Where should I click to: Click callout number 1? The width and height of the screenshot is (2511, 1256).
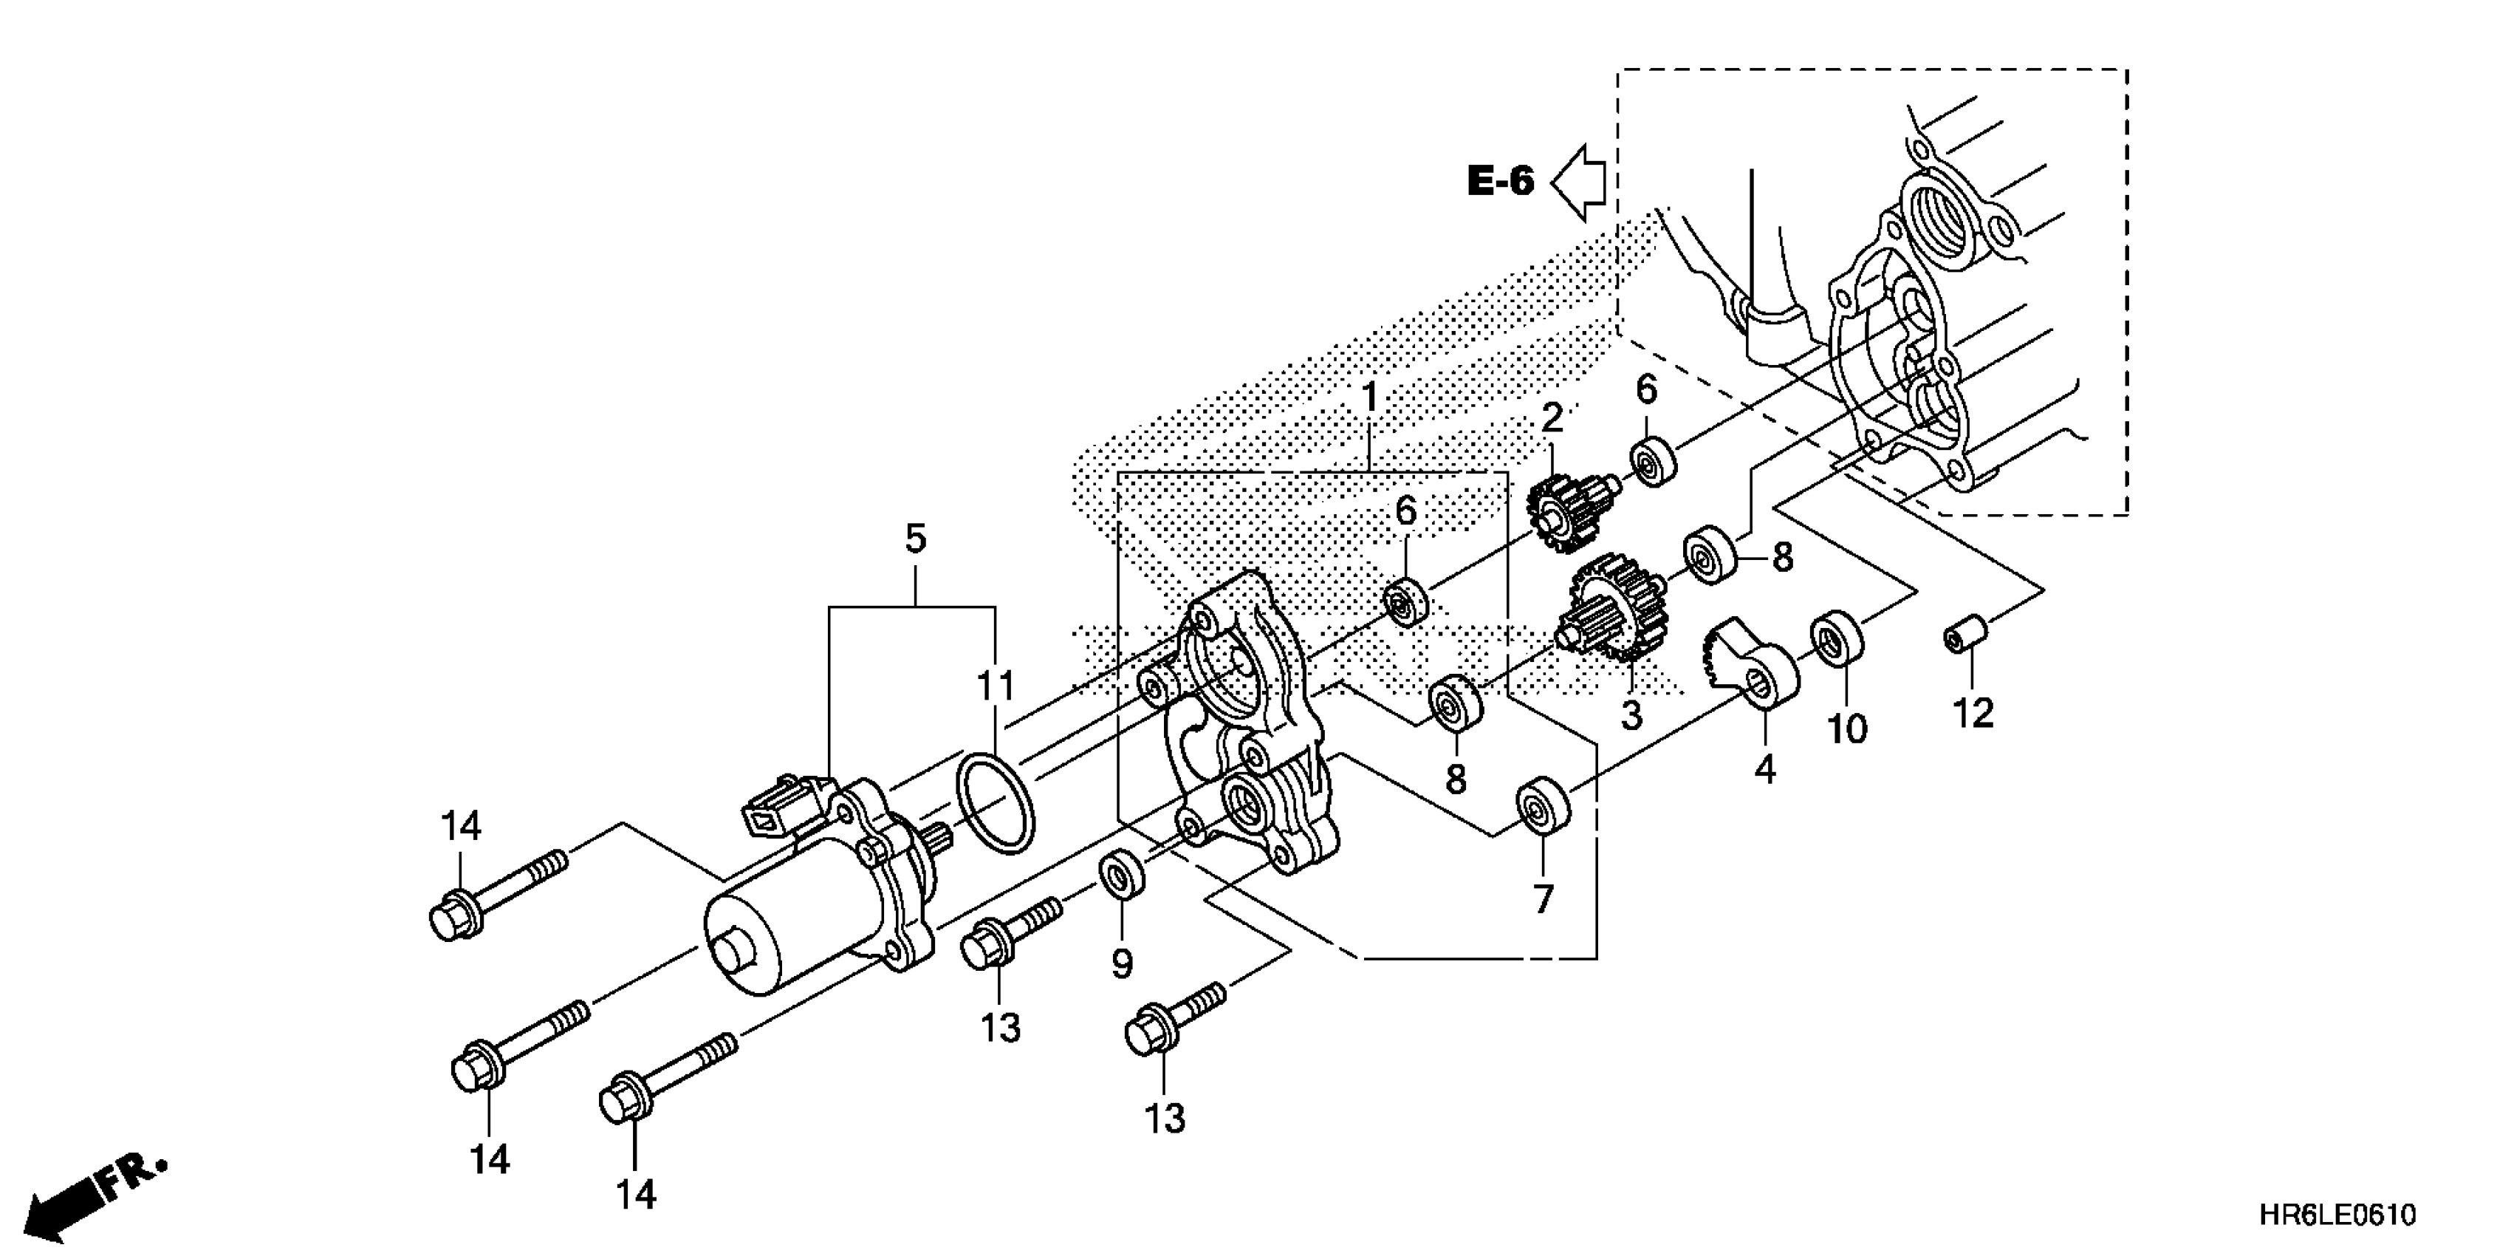coord(1369,398)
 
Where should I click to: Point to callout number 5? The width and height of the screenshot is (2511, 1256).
coord(915,539)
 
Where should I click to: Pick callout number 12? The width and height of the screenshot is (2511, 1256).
coord(1974,714)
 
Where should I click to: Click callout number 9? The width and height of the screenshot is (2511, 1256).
coord(1122,963)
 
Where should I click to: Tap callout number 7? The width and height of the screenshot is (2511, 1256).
coord(1542,898)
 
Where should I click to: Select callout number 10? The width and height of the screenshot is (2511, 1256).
coord(1846,728)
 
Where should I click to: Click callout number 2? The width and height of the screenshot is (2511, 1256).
coord(1552,417)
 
